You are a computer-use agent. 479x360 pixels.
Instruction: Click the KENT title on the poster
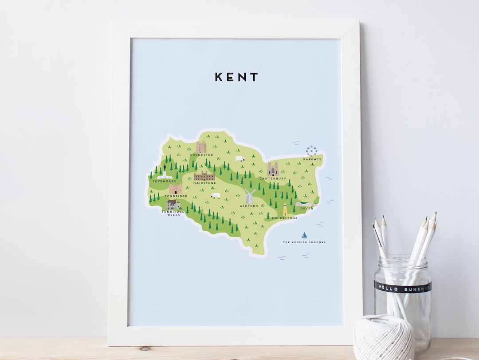pyautogui.click(x=236, y=77)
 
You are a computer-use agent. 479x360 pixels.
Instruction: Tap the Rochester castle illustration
pyautogui.click(x=201, y=147)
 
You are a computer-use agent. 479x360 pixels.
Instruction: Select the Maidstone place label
pyautogui.click(x=204, y=183)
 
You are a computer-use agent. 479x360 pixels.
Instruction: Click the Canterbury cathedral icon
pyautogui.click(x=272, y=169)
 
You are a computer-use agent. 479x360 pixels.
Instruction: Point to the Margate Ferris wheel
pyautogui.click(x=312, y=150)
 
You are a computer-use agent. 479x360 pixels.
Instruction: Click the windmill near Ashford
pyautogui.click(x=250, y=196)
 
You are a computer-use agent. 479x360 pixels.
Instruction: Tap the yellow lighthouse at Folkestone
pyautogui.click(x=285, y=210)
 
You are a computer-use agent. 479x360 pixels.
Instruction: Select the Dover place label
pyautogui.click(x=306, y=208)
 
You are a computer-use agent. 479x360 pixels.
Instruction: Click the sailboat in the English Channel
pyautogui.click(x=304, y=235)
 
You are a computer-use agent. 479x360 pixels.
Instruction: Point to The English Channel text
pyautogui.click(x=304, y=242)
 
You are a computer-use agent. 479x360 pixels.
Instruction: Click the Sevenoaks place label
pyautogui.click(x=165, y=181)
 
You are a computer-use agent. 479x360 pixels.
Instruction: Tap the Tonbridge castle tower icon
pyautogui.click(x=175, y=189)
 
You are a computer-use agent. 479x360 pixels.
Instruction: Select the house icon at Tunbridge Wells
pyautogui.click(x=173, y=204)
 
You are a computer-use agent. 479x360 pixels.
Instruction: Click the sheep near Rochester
pyautogui.click(x=240, y=159)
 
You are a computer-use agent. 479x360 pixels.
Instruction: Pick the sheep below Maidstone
pyautogui.click(x=216, y=195)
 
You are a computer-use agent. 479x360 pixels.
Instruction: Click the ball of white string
pyautogui.click(x=384, y=338)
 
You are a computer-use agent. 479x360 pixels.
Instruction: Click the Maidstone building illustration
pyautogui.click(x=204, y=176)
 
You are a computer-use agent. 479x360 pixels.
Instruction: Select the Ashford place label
pyautogui.click(x=248, y=206)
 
